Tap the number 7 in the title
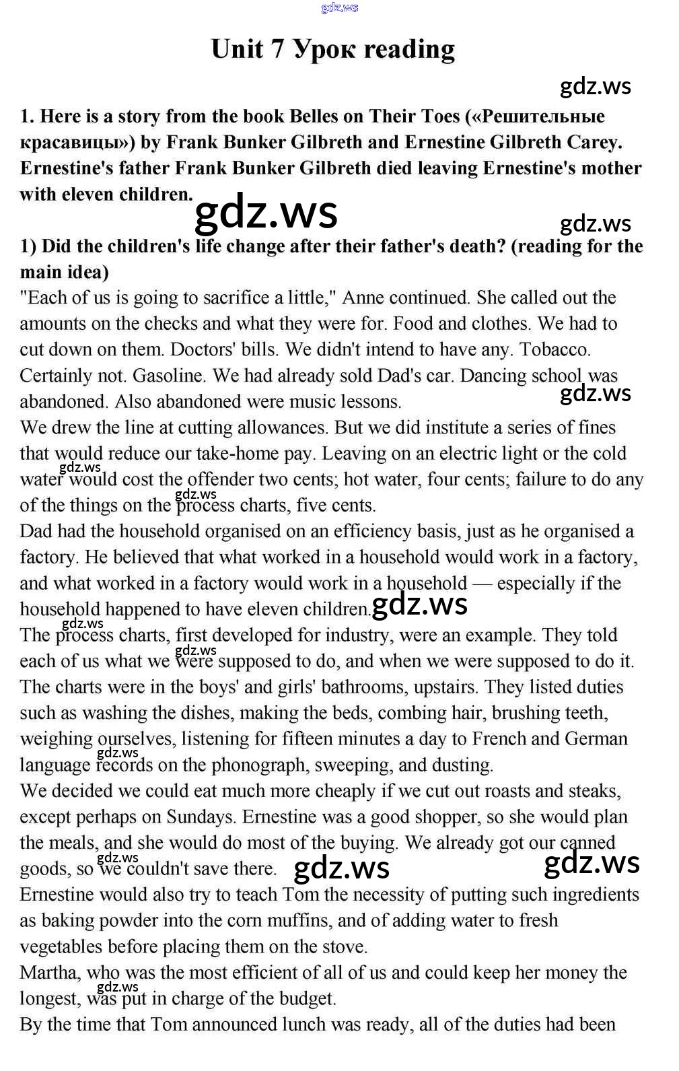278,49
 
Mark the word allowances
269,427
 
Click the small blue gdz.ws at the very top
340,7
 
